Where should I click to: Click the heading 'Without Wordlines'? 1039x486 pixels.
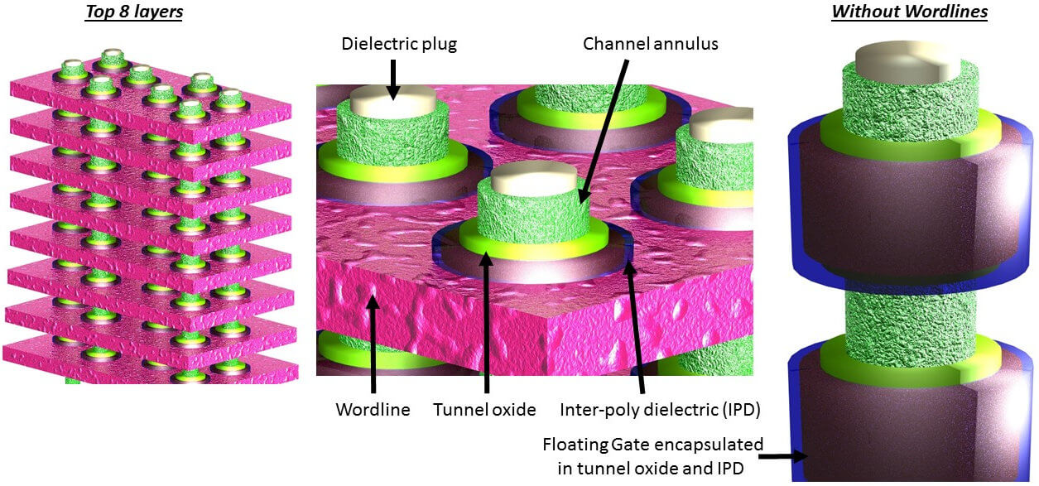pos(909,12)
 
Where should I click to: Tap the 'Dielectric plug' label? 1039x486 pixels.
pos(398,43)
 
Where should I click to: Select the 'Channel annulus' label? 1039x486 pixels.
pos(650,43)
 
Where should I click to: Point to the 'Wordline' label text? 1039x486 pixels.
pos(373,409)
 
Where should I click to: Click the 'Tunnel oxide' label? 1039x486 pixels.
pos(485,409)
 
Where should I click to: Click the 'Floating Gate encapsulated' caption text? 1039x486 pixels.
pos(652,445)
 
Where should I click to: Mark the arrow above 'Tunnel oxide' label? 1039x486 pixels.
pos(485,323)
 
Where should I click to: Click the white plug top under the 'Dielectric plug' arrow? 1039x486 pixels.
pos(387,101)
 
